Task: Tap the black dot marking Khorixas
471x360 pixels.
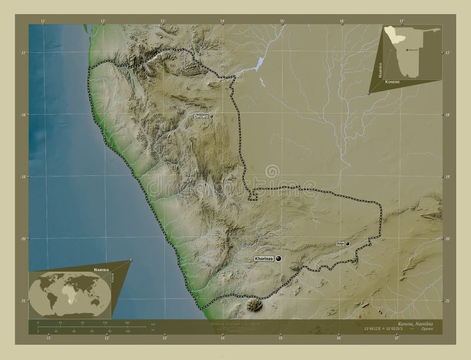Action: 278,258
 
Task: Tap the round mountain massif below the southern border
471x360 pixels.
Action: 254,305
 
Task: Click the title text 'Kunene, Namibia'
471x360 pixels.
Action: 415,325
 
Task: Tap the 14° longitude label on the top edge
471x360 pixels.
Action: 223,22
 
